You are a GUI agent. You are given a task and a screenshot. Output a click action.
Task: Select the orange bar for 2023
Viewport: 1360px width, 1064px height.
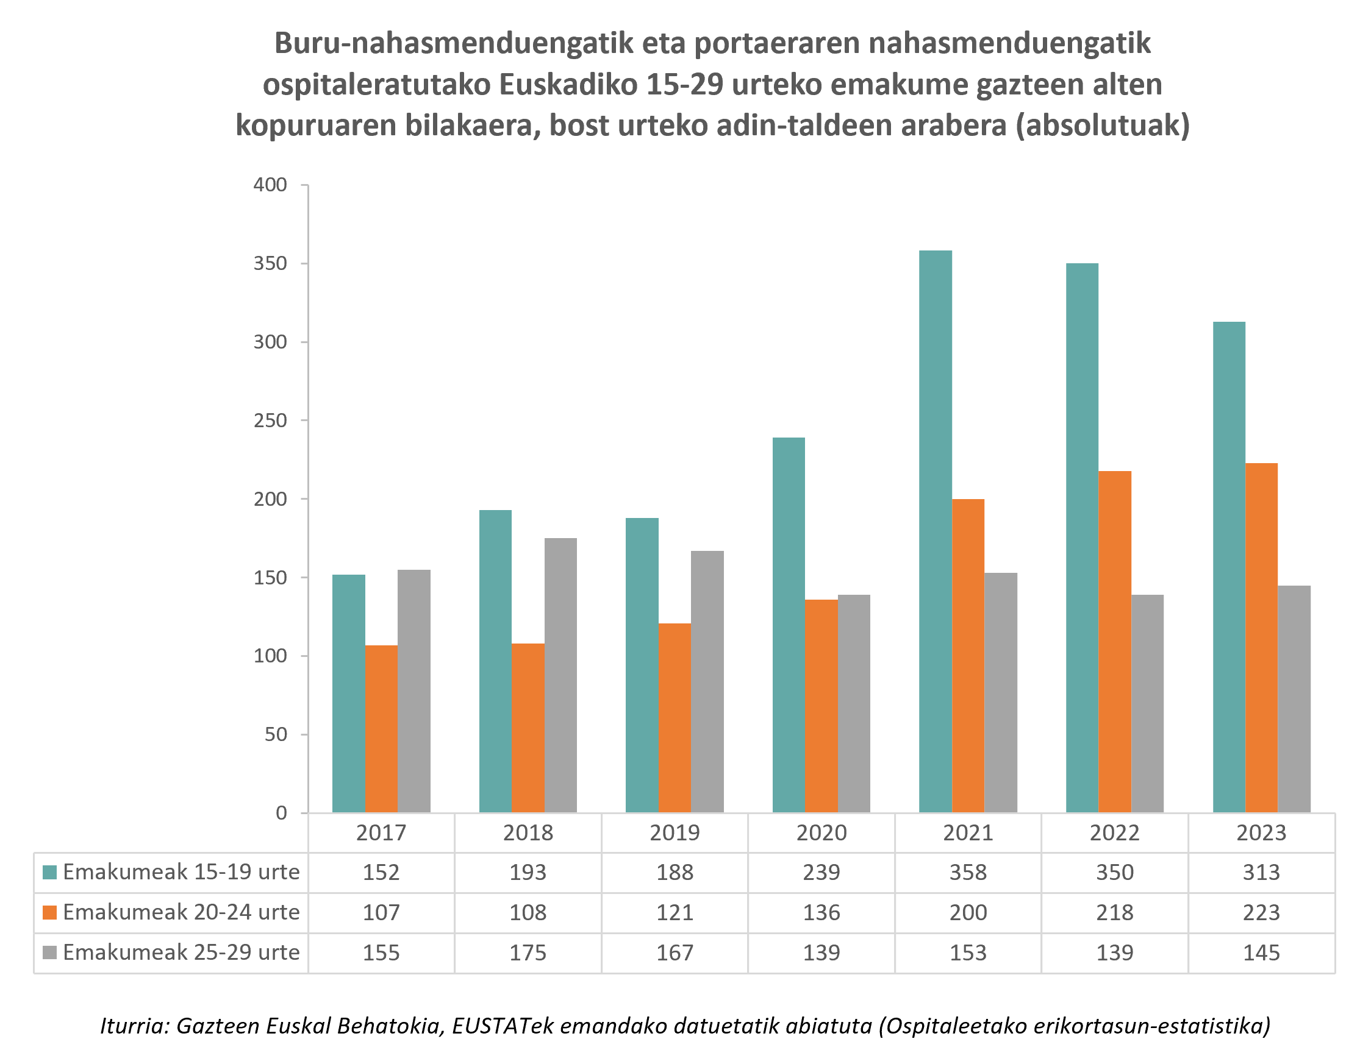point(1261,638)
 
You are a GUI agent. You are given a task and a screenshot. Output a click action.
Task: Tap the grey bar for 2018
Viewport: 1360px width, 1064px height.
point(560,675)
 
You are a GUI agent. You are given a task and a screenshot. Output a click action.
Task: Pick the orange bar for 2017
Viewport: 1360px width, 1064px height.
point(381,729)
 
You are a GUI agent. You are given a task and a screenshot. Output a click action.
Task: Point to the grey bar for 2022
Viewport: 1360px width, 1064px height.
point(1147,704)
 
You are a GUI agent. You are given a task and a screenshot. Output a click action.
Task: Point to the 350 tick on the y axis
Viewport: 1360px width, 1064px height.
point(270,263)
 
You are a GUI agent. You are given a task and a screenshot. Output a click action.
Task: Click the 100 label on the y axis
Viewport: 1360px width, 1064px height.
point(270,656)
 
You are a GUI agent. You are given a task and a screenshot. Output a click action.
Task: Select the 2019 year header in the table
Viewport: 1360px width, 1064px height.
point(675,833)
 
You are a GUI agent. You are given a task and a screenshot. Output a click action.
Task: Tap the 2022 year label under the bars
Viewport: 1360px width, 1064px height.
point(1114,833)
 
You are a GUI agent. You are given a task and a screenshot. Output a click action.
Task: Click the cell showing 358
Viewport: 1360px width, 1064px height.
point(968,872)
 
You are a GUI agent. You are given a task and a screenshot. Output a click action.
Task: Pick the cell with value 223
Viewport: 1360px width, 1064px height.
point(1261,913)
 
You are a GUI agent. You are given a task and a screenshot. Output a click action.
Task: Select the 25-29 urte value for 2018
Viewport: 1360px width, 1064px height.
point(528,952)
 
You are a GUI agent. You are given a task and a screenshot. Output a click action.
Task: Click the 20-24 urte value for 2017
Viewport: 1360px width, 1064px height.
point(381,913)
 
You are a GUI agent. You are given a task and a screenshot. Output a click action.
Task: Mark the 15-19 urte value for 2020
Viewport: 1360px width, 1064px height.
point(821,872)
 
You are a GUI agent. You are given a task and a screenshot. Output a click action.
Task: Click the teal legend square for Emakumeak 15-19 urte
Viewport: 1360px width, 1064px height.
point(50,872)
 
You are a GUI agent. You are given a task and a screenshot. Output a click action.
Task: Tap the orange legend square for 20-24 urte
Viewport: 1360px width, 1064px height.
point(50,913)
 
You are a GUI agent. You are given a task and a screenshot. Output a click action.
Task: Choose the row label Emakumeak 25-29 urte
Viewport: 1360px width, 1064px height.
point(181,952)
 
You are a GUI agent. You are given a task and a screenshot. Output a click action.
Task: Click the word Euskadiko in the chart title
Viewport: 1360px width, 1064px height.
point(568,85)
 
